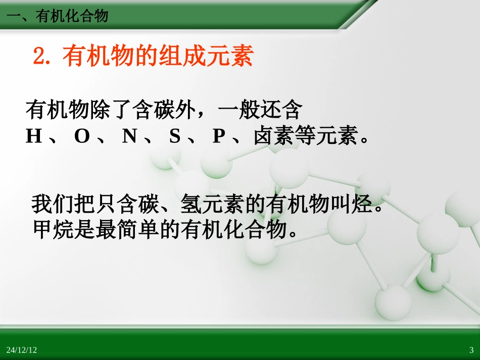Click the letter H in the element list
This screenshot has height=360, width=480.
click(33, 136)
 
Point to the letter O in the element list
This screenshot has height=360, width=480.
click(81, 136)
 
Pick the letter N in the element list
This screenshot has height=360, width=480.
click(129, 136)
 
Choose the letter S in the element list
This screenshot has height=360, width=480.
click(175, 136)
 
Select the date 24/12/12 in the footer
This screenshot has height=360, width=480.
click(22, 350)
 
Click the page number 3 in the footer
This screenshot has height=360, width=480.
click(471, 350)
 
